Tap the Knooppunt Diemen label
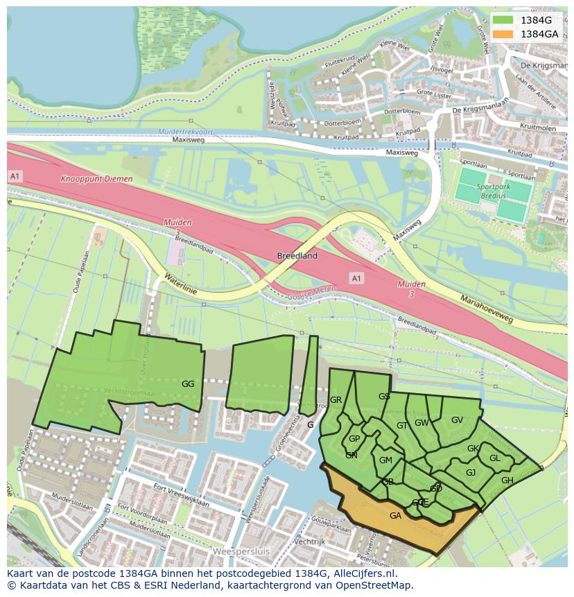point(96,179)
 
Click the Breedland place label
point(297,256)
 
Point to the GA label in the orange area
point(395,515)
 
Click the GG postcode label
point(187,383)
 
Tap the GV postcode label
point(457,419)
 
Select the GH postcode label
point(507,481)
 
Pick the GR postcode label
point(336,400)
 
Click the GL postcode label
point(494,458)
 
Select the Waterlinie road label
point(180,284)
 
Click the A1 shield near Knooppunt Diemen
point(15,177)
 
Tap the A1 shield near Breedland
point(356,278)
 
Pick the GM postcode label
point(385,460)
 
